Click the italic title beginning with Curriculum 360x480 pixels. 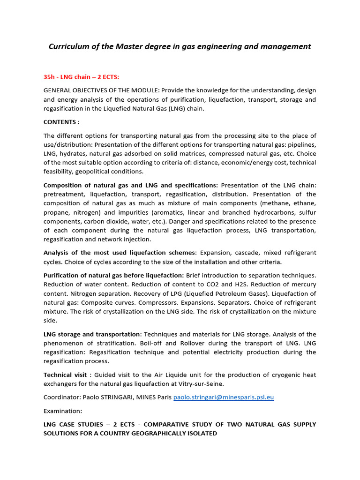point(180,46)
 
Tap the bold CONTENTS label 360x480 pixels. point(61,122)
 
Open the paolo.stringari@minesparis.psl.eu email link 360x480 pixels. point(224,397)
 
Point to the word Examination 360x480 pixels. point(63,411)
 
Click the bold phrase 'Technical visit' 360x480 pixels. point(65,375)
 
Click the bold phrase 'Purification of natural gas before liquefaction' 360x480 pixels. point(114,275)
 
